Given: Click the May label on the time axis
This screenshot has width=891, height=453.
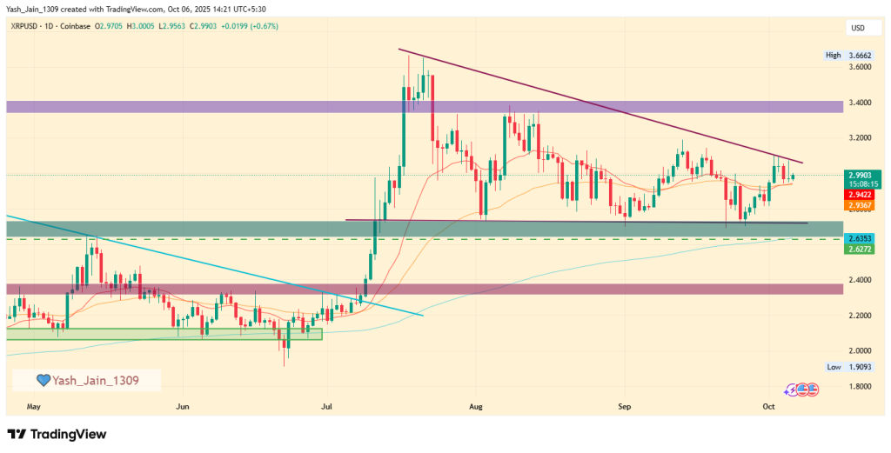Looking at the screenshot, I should (34, 406).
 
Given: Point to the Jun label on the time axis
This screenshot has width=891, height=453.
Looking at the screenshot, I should (183, 406).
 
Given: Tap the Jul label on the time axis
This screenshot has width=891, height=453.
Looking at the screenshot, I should (327, 406).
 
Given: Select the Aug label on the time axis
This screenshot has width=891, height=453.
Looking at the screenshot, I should (475, 406).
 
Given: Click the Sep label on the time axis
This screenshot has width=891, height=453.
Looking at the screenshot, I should (624, 406).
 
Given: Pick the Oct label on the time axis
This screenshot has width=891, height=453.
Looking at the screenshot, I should (768, 406).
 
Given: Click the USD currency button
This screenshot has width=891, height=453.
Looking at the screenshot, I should (857, 28).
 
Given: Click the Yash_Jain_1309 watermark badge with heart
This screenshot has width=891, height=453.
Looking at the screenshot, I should (86, 380).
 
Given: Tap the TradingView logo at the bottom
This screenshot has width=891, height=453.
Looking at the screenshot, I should (57, 433).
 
